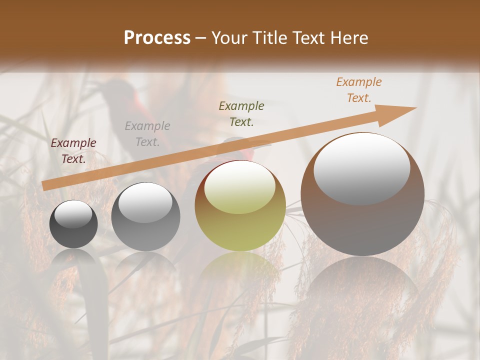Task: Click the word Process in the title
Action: pyautogui.click(x=157, y=38)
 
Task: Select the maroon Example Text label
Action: pyautogui.click(x=73, y=151)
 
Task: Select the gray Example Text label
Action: pyautogui.click(x=147, y=134)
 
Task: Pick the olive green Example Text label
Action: pyautogui.click(x=241, y=113)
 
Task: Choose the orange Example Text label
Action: pyautogui.click(x=358, y=90)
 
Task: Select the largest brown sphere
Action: pyautogui.click(x=362, y=220)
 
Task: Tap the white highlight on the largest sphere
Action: pyautogui.click(x=361, y=169)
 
